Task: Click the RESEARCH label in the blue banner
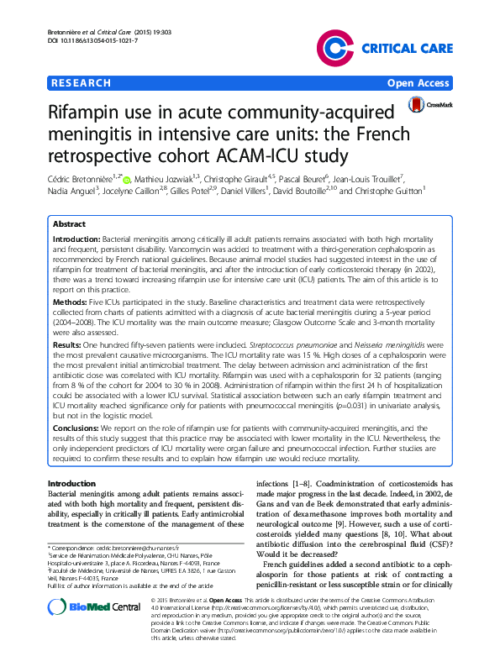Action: [x=82, y=83]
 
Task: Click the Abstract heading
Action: [x=69, y=224]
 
